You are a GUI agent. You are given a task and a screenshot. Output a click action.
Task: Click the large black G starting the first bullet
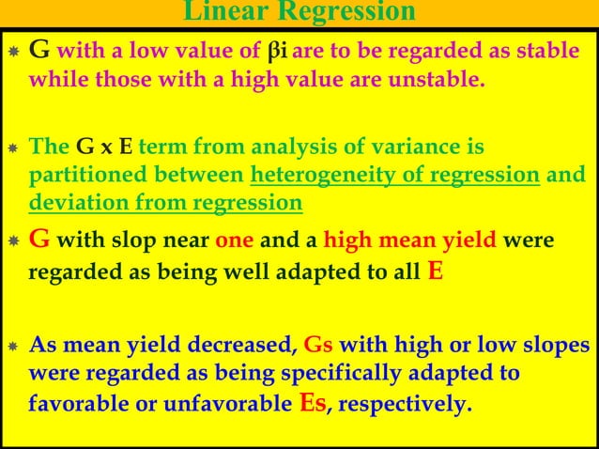tap(41, 50)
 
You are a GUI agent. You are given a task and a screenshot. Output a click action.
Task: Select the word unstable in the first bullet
tap(442, 79)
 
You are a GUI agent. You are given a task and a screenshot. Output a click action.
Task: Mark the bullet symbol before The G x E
tap(13, 148)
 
